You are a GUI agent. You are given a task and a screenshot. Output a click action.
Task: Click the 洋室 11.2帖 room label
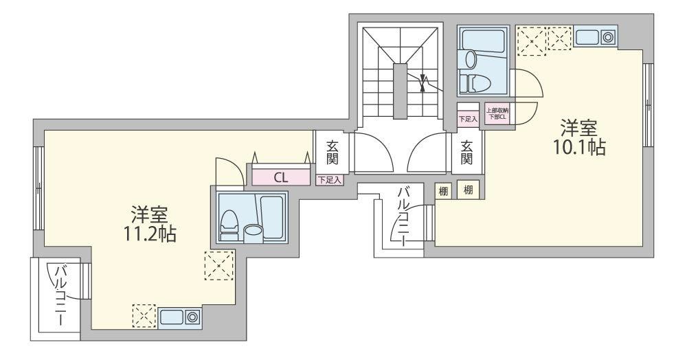coord(149,224)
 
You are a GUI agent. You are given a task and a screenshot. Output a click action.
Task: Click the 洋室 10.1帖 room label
coord(579,138)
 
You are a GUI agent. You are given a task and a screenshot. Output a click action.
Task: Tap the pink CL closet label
coord(281,177)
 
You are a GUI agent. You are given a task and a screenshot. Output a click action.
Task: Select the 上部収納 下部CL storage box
coord(497,114)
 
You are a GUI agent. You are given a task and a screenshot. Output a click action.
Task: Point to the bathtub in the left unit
coord(271,217)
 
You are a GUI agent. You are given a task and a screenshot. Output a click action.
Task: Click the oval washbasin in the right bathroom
coord(471,59)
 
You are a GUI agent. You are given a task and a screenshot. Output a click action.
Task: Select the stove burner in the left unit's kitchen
coord(192,317)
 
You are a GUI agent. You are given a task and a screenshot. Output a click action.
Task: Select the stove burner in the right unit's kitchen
coord(607,37)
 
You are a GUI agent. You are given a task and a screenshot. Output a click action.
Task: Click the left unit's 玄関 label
coord(332,153)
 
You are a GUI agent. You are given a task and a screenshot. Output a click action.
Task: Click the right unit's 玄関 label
coord(466,153)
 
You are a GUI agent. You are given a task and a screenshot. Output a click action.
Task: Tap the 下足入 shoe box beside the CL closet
coord(330,179)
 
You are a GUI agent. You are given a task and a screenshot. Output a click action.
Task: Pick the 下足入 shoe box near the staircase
coord(468,119)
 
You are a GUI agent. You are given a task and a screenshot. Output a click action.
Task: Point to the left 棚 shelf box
coord(443,191)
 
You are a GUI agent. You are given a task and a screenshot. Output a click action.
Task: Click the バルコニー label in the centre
coord(404,216)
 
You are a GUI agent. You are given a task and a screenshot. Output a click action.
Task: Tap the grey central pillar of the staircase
coord(400,91)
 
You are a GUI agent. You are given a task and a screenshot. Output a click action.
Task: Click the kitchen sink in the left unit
coord(172,317)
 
